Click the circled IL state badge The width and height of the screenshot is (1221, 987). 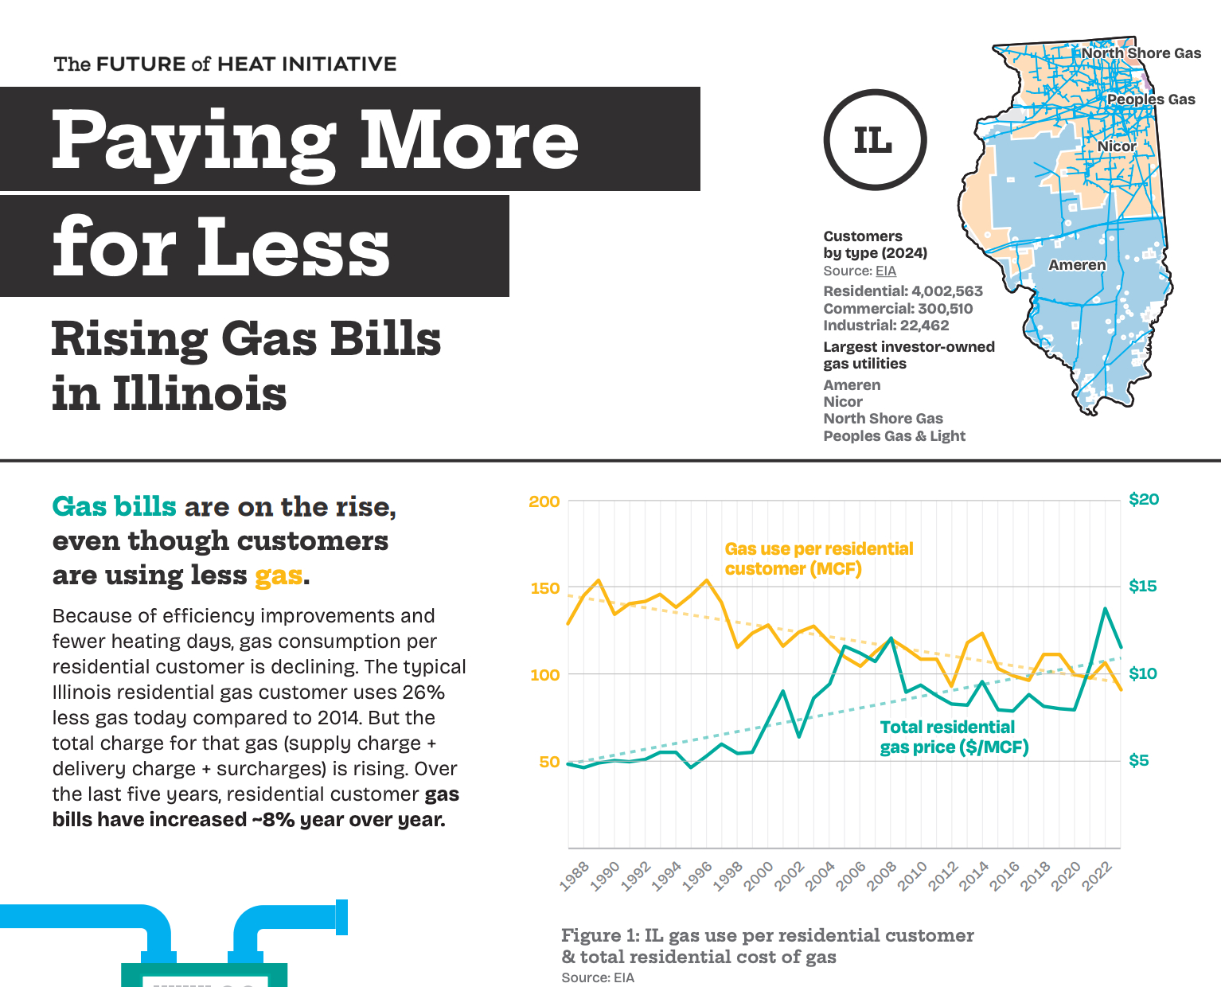pyautogui.click(x=874, y=140)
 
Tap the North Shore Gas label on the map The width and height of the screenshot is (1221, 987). pyautogui.click(x=1141, y=53)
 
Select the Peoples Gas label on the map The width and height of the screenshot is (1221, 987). pyautogui.click(x=1151, y=99)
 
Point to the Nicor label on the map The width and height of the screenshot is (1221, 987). pyautogui.click(x=1117, y=146)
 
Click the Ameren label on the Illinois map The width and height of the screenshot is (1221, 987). pyautogui.click(x=1077, y=265)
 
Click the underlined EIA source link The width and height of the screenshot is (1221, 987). pyautogui.click(x=886, y=271)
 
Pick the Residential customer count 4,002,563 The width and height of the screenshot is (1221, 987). pyautogui.click(x=947, y=291)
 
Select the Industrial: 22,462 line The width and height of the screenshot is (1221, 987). pyautogui.click(x=886, y=326)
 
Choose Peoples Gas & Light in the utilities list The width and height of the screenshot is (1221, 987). pyautogui.click(x=894, y=436)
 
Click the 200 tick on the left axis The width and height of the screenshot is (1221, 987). pyautogui.click(x=544, y=501)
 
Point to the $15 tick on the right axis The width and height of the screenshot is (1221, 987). pyautogui.click(x=1143, y=587)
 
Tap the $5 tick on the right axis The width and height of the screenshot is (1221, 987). pyautogui.click(x=1139, y=761)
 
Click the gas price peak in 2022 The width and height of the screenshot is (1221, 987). pyautogui.click(x=1105, y=609)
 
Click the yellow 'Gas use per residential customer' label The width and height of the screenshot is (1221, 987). pyautogui.click(x=818, y=559)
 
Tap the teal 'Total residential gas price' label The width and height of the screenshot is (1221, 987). pyautogui.click(x=954, y=737)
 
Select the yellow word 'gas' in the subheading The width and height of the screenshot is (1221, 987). pyautogui.click(x=279, y=575)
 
